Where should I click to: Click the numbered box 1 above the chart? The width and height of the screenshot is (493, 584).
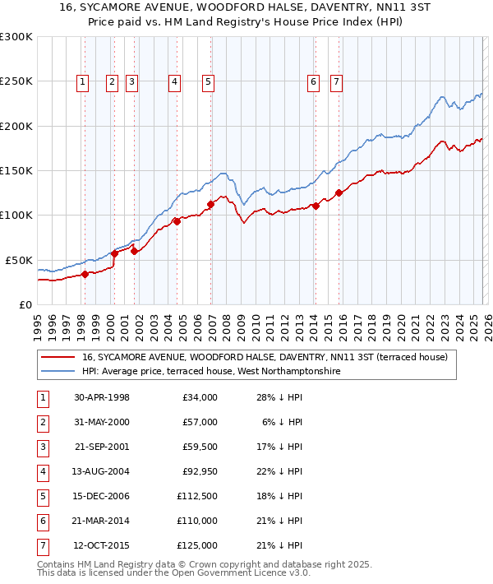click(x=84, y=81)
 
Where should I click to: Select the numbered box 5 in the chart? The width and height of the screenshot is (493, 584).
click(x=208, y=81)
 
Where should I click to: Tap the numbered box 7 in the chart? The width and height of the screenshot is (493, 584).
click(x=337, y=81)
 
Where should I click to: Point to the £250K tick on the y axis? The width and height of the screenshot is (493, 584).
click(x=16, y=81)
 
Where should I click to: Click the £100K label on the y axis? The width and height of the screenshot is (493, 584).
click(x=16, y=215)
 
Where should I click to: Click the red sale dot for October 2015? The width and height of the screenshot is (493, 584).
click(x=339, y=193)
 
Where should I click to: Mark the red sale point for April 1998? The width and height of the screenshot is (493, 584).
click(x=85, y=274)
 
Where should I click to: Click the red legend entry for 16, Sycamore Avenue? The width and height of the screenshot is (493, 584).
click(x=264, y=357)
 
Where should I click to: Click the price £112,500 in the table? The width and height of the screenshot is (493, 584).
click(x=197, y=497)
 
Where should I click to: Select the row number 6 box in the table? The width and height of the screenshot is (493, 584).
click(x=42, y=521)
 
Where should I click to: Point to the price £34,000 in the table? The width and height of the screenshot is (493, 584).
click(x=200, y=397)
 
